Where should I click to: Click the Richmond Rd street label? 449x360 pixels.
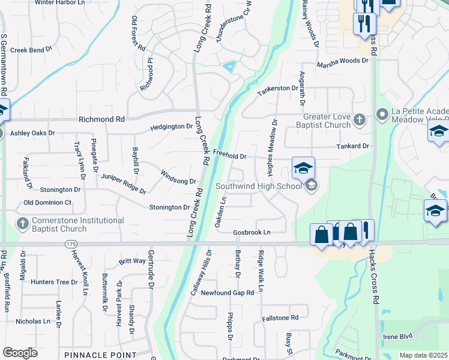click(103, 119)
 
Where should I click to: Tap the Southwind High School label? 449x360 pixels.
click(259, 186)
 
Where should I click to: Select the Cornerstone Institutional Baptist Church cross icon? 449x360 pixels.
click(22, 224)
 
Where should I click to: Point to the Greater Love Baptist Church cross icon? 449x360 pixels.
click(360, 119)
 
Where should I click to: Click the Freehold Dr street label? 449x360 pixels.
click(230, 156)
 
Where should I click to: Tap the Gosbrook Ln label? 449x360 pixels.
click(252, 232)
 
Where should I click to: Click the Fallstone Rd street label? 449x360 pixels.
click(280, 317)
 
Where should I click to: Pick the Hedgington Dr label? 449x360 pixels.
click(172, 127)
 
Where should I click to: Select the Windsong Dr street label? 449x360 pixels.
click(178, 177)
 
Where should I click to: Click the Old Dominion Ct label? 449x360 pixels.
click(47, 203)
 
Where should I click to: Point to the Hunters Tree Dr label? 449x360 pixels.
click(55, 282)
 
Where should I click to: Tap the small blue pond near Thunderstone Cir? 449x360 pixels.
click(229, 67)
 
